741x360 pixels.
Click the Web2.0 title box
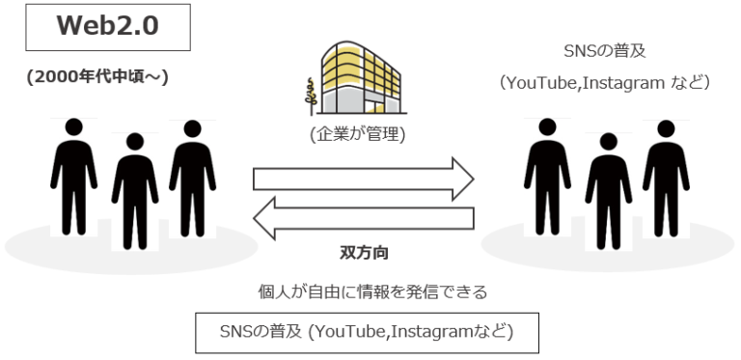coord(107,27)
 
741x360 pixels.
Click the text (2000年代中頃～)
coord(98,77)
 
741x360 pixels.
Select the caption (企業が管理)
coord(357,135)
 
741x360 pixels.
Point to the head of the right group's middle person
coord(608,143)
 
